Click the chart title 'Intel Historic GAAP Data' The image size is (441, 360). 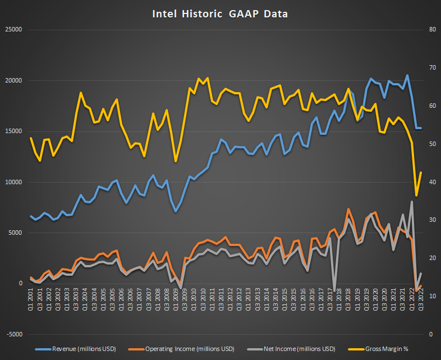tap(220, 13)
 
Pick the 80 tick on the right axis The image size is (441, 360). tap(430, 29)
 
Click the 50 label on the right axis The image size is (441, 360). tap(430, 144)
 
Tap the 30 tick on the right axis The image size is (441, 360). tap(430, 220)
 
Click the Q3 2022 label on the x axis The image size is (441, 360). tap(421, 297)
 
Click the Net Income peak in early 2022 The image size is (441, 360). tap(412, 202)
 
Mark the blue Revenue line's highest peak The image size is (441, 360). tap(407, 75)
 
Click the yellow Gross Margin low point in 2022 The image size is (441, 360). tap(416, 195)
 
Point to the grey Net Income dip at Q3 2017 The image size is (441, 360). tap(334, 290)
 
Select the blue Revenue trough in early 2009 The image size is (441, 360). tap(176, 211)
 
